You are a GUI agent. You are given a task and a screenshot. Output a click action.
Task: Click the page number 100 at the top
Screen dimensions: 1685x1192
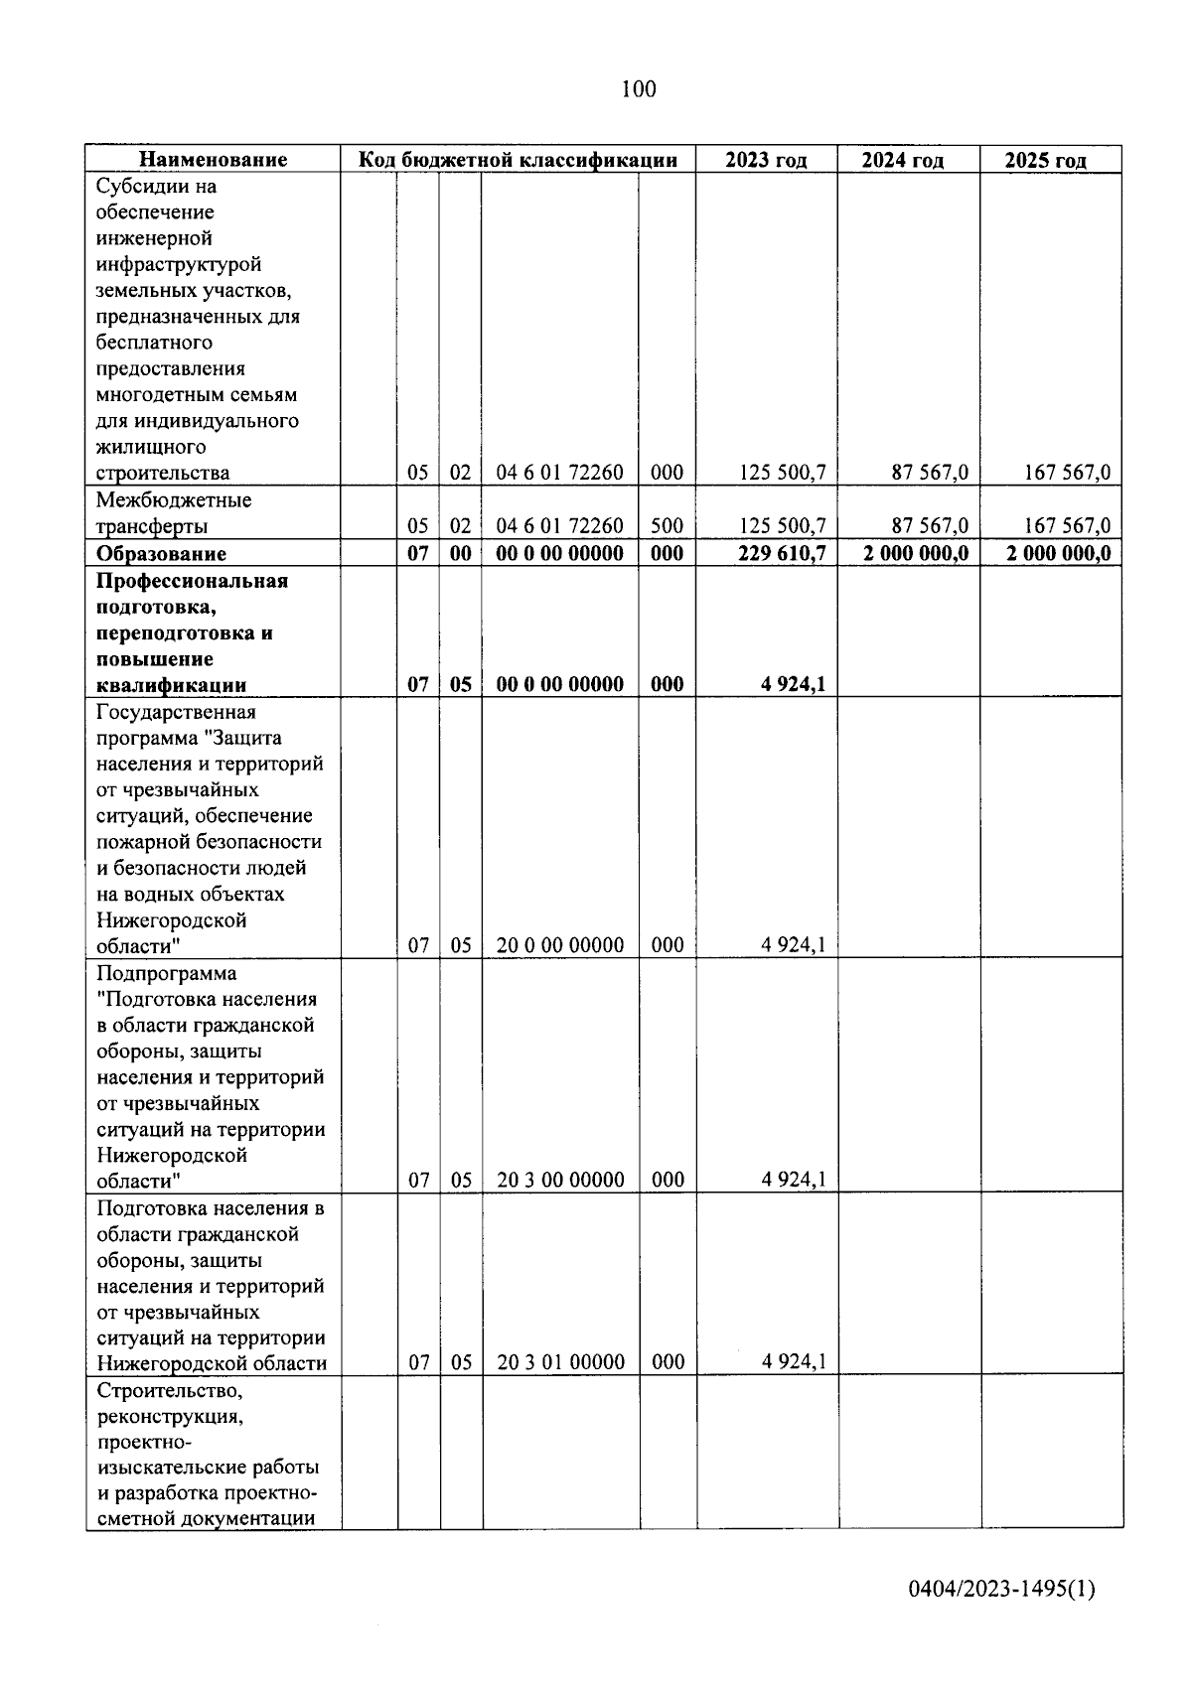pyautogui.click(x=638, y=89)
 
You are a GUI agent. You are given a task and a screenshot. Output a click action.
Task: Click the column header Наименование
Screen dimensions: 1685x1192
pyautogui.click(x=213, y=160)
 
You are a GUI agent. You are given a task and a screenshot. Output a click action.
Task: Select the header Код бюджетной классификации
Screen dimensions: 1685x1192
pyautogui.click(x=518, y=160)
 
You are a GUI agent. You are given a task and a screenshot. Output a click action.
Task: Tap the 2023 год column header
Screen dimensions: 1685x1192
pyautogui.click(x=766, y=160)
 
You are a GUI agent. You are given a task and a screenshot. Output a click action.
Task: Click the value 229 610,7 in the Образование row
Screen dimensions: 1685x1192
pyautogui.click(x=782, y=553)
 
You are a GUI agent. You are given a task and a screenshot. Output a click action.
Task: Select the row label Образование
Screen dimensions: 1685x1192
pyautogui.click(x=161, y=554)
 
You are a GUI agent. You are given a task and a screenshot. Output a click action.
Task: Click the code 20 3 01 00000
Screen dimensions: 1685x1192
pyautogui.click(x=560, y=1362)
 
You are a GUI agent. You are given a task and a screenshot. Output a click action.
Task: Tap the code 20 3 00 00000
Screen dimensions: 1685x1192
pyautogui.click(x=560, y=1180)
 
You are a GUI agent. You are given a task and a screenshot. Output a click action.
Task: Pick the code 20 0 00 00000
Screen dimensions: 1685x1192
pyautogui.click(x=560, y=945)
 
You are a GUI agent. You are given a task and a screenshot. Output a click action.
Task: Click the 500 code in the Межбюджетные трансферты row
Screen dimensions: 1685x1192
pyautogui.click(x=667, y=526)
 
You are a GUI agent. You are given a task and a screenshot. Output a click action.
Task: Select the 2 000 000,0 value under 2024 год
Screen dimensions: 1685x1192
pyautogui.click(x=916, y=553)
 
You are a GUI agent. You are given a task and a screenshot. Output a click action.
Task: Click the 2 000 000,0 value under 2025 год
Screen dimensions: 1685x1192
pyautogui.click(x=1058, y=553)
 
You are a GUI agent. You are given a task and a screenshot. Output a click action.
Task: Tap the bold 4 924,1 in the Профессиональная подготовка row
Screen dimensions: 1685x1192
pyautogui.click(x=794, y=684)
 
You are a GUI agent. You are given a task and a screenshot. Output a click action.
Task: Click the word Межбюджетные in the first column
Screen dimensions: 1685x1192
pyautogui.click(x=174, y=499)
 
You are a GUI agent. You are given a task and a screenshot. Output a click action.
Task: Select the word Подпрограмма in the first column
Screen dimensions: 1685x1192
pyautogui.click(x=167, y=973)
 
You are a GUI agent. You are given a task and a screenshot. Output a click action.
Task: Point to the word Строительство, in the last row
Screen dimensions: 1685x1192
pyautogui.click(x=170, y=1390)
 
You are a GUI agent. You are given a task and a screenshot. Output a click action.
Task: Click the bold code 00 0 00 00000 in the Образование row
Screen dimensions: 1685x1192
pyautogui.click(x=560, y=553)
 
